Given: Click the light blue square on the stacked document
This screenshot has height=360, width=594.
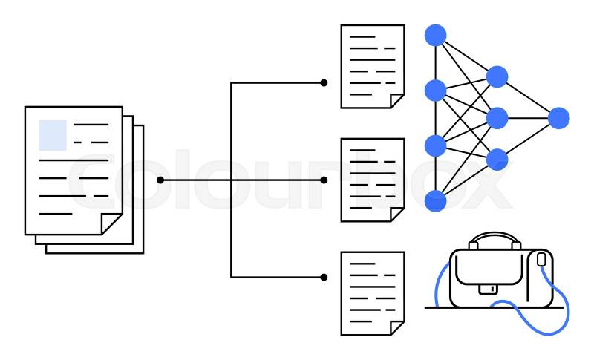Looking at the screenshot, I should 53,134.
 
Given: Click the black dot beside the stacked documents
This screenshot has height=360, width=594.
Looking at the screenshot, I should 160,180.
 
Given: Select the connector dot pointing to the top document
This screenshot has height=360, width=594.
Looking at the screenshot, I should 324,82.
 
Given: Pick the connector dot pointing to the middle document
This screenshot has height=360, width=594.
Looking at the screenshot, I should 324,180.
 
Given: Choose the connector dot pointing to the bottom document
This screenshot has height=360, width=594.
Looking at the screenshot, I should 324,277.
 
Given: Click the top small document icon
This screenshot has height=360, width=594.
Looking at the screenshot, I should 372,66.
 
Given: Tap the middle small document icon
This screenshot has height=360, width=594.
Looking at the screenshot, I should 372,180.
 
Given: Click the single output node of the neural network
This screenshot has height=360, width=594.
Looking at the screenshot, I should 558,118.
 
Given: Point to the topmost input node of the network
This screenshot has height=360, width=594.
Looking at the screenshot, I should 435,35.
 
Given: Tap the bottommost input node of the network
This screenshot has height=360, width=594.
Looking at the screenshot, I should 435,200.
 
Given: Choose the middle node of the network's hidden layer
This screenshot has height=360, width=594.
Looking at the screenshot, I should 497,118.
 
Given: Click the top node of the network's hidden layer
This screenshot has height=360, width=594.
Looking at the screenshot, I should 497,76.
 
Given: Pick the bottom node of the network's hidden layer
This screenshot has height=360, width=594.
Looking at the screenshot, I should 497,159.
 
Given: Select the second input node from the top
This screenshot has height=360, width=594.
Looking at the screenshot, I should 435,91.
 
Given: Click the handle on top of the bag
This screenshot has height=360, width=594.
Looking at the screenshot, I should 495,240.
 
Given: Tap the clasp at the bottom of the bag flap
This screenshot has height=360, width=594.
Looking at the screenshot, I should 488,288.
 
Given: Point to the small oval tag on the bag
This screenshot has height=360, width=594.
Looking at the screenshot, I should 541,259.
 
